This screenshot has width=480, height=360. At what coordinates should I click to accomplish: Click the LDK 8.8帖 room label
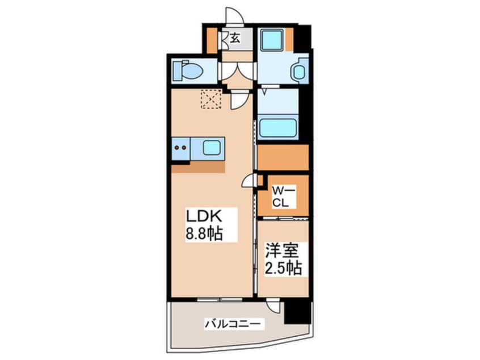204,225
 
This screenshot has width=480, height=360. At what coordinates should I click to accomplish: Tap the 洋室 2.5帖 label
283,259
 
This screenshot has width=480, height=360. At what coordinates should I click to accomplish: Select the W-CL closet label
284,197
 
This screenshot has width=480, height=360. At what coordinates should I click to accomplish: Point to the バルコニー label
233,324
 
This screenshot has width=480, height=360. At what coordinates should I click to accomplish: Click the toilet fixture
187,71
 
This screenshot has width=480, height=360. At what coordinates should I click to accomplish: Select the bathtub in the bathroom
278,127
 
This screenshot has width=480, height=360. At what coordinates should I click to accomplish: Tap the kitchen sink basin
211,148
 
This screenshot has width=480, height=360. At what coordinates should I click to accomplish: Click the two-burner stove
180,148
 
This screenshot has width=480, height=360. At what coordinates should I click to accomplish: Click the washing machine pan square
272,40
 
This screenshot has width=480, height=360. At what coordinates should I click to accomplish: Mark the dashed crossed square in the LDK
211,99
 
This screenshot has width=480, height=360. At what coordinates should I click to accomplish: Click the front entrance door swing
234,16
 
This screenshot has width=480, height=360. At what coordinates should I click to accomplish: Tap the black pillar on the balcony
297,312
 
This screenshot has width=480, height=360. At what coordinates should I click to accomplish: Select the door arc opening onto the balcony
272,305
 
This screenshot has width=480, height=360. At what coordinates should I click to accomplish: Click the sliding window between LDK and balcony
220,299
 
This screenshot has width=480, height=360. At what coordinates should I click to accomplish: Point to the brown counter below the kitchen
199,167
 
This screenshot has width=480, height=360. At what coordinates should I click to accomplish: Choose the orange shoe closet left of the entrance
212,40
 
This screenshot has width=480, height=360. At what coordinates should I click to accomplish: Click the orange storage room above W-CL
283,157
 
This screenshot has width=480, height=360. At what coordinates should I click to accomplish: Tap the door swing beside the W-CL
249,180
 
